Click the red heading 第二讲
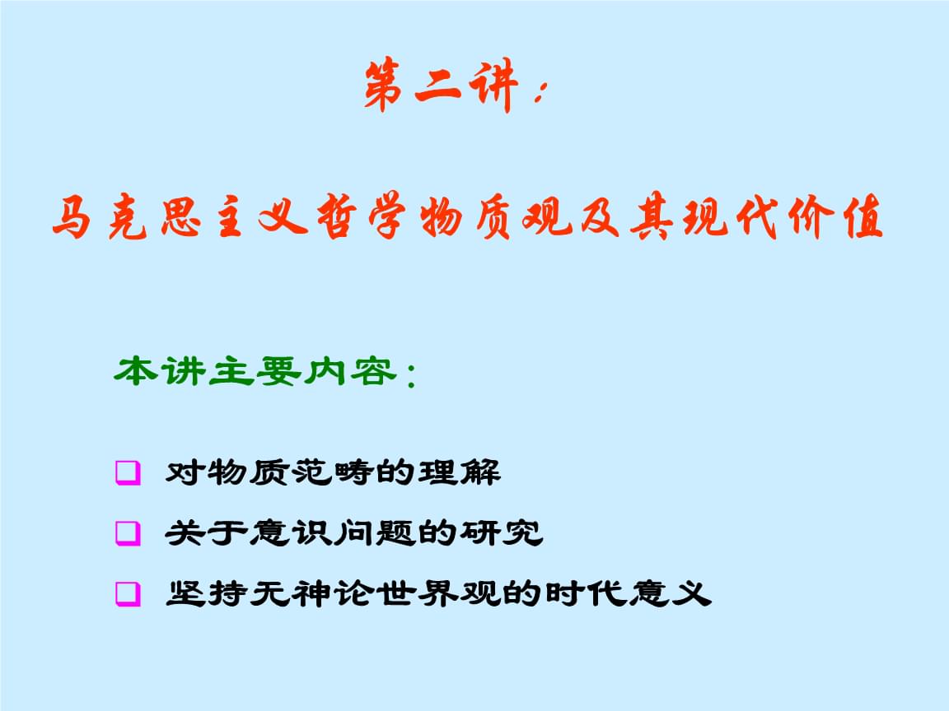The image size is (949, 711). click(x=442, y=85)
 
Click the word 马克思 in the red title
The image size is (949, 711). click(x=127, y=216)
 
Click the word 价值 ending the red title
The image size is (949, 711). click(x=836, y=216)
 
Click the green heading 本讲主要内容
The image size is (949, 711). click(x=255, y=371)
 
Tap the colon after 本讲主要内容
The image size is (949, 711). click(x=412, y=375)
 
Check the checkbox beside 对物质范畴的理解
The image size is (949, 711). click(x=128, y=473)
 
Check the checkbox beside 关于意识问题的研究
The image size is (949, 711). click(x=128, y=533)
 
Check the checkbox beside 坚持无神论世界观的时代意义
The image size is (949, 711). click(x=128, y=593)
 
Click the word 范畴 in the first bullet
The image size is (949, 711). click(x=331, y=472)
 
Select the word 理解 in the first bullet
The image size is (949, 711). click(x=460, y=472)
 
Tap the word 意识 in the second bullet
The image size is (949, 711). click(x=289, y=532)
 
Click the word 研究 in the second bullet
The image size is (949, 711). click(x=502, y=532)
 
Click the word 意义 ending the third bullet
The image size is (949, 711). click(x=670, y=593)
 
